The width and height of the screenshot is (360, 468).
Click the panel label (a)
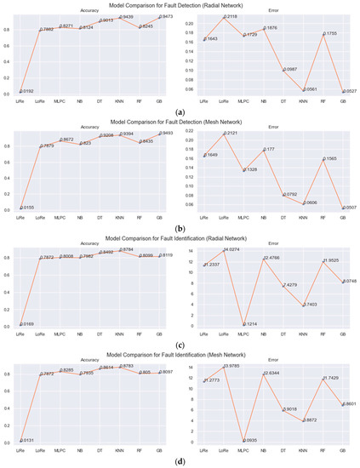click(x=180, y=111)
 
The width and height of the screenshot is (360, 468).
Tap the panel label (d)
click(x=180, y=461)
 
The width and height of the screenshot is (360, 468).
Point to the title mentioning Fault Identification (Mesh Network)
click(x=180, y=355)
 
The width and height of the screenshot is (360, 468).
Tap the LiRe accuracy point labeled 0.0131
click(x=20, y=441)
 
